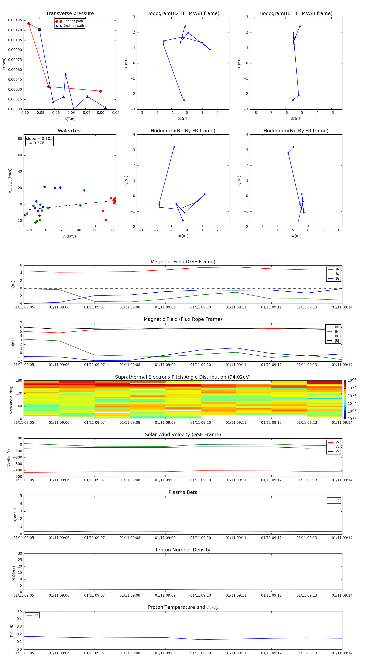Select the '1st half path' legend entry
point(73,21)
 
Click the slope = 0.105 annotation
point(39,139)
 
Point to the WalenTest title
point(70,131)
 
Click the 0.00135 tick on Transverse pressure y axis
point(15,20)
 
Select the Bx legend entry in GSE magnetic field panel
point(337,269)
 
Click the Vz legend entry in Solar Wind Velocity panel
point(337,451)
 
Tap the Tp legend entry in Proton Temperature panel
point(36,615)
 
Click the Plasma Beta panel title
point(183,492)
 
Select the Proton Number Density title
point(183,550)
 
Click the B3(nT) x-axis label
point(296,119)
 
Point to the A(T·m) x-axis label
point(70,119)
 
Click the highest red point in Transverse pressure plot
point(29,24)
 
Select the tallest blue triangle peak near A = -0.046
point(65,74)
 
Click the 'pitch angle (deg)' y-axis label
point(11,400)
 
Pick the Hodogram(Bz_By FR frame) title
point(183,131)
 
